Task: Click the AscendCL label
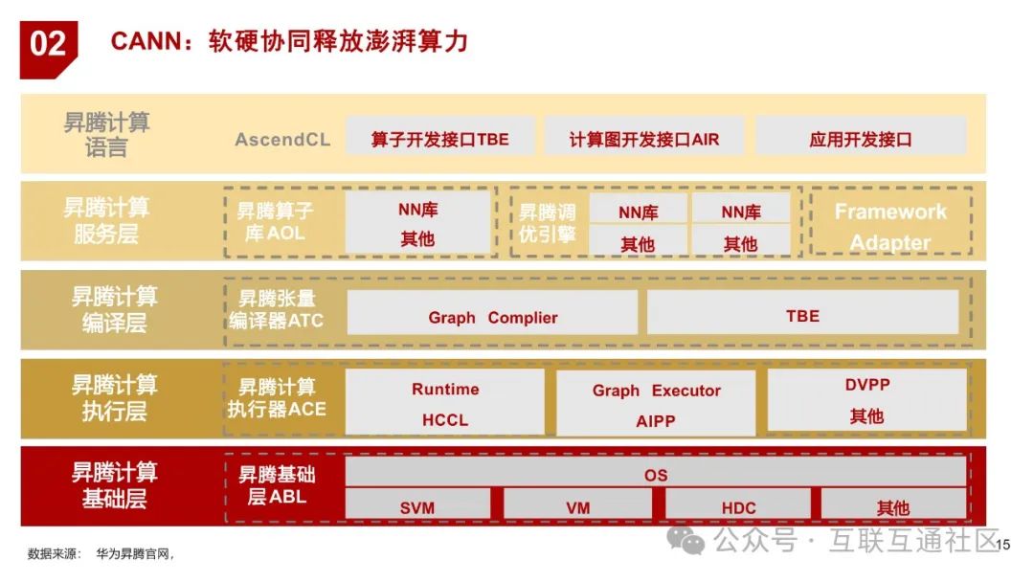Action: point(282,140)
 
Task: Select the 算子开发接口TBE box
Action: point(439,139)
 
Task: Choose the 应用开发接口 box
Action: point(860,139)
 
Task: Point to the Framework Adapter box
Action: point(890,226)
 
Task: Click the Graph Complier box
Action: point(492,316)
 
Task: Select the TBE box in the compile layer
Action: point(802,315)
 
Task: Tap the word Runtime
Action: point(445,389)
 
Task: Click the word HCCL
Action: point(445,420)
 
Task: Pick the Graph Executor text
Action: point(656,391)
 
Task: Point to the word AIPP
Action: point(656,421)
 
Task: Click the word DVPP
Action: point(866,385)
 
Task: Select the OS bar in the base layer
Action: point(656,475)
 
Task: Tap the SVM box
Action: point(416,507)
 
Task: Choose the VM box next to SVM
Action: point(577,507)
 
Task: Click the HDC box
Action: point(738,507)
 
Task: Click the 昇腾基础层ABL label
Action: point(277,484)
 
